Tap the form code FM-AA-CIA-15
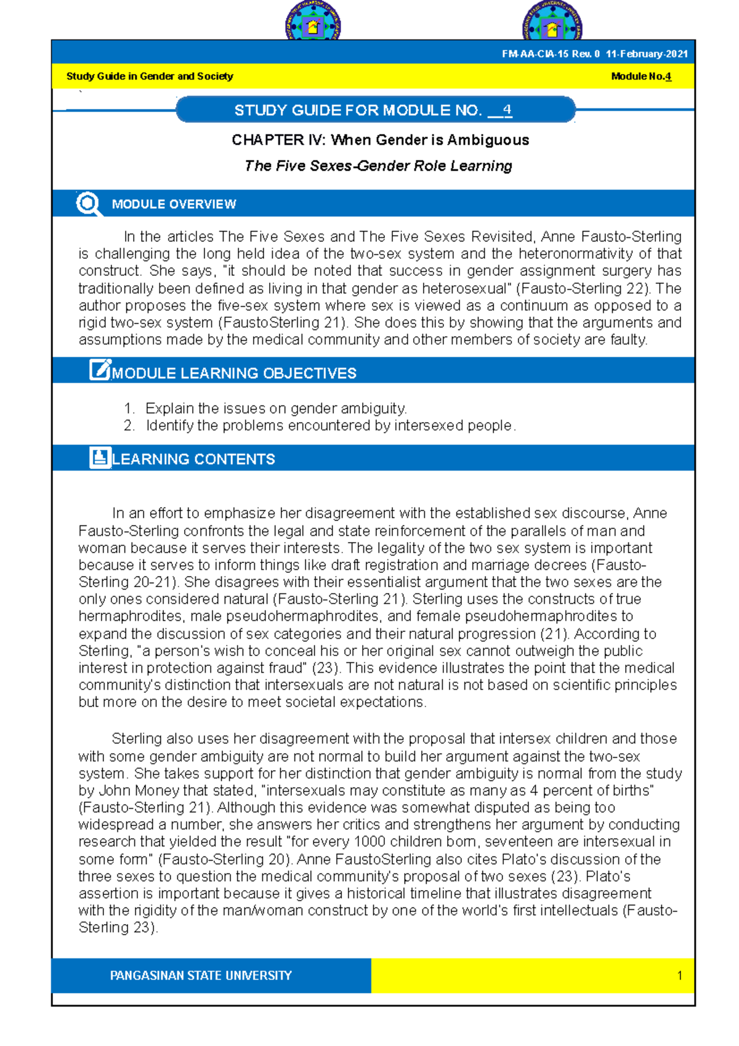pyautogui.click(x=535, y=54)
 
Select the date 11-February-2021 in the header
pyautogui.click(x=647, y=54)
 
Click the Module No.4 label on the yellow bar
pyautogui.click(x=640, y=76)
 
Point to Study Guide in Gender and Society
pyautogui.click(x=150, y=76)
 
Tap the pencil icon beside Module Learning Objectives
pyautogui.click(x=100, y=370)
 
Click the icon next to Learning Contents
pyautogui.click(x=100, y=458)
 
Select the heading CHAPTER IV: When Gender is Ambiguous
pyautogui.click(x=380, y=140)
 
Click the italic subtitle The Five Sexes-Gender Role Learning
pyautogui.click(x=378, y=166)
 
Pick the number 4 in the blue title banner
pyautogui.click(x=506, y=110)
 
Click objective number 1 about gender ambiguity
pyautogui.click(x=275, y=408)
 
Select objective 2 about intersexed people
pyautogui.click(x=330, y=426)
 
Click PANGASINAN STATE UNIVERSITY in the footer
pyautogui.click(x=201, y=976)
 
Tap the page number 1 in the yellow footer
pyautogui.click(x=679, y=976)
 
